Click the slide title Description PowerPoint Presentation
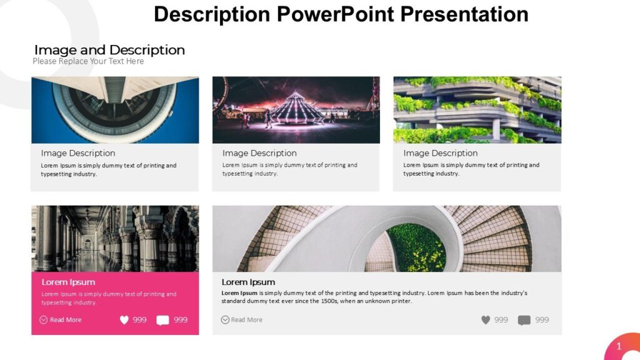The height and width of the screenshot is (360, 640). point(341,14)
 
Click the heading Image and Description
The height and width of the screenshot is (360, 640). point(109,50)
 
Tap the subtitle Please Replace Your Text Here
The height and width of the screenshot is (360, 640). point(88,61)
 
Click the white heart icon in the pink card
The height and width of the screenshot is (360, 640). point(124,320)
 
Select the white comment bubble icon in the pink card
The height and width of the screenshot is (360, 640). point(162,320)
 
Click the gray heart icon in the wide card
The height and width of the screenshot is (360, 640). point(486,320)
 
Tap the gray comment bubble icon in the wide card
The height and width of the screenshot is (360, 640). point(524,320)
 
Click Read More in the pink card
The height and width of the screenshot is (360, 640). point(65,320)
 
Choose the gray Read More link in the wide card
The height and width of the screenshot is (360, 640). point(246,320)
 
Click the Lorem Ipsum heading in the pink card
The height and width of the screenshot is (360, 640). point(68,282)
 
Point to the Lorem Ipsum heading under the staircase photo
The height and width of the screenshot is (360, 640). point(248,282)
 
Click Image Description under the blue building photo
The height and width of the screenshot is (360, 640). point(78,153)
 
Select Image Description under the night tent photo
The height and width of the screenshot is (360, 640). point(259,153)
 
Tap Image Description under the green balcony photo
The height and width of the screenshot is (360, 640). point(441,153)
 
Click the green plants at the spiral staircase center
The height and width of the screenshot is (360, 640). point(416,247)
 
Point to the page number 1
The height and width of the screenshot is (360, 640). point(619,346)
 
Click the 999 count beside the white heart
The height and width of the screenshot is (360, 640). point(139,320)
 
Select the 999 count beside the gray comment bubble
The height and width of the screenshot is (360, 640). point(542,320)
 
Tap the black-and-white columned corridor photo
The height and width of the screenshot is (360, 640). point(115,238)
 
